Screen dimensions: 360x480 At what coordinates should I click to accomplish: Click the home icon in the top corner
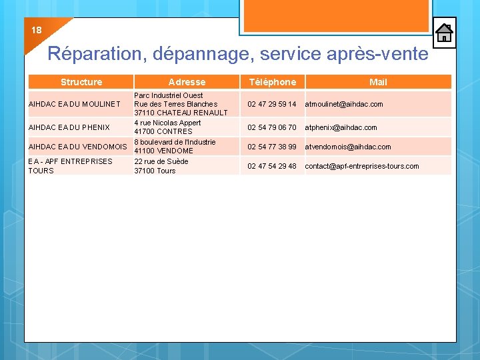[x=445, y=33]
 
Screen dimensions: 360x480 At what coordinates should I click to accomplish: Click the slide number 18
[x=36, y=30]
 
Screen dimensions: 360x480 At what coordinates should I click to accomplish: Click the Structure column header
[x=81, y=82]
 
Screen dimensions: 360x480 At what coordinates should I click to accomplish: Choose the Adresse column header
[x=187, y=82]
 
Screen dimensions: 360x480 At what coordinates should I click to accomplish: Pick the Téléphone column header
[x=272, y=82]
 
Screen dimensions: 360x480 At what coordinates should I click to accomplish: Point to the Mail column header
[x=378, y=82]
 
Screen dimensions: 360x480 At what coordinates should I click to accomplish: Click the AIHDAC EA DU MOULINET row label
[x=75, y=104]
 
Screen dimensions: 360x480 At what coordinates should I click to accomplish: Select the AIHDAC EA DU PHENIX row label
[x=69, y=127]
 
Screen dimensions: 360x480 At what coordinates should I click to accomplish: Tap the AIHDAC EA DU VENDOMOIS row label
[x=77, y=147]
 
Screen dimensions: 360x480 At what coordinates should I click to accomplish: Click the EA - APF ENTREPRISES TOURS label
[x=70, y=166]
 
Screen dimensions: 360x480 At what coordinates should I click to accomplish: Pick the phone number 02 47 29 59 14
[x=272, y=104]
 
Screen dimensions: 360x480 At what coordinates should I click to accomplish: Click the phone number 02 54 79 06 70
[x=272, y=127]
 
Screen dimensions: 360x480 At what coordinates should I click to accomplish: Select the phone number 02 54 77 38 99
[x=272, y=147]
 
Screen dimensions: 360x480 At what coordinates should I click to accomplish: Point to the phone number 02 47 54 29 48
[x=272, y=166]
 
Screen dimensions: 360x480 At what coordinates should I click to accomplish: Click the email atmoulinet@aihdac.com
[x=344, y=104]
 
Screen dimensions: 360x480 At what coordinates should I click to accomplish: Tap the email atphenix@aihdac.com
[x=341, y=127]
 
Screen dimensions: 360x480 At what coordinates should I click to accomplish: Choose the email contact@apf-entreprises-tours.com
[x=362, y=166]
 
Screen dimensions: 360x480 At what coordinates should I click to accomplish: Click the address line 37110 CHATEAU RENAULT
[x=181, y=113]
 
